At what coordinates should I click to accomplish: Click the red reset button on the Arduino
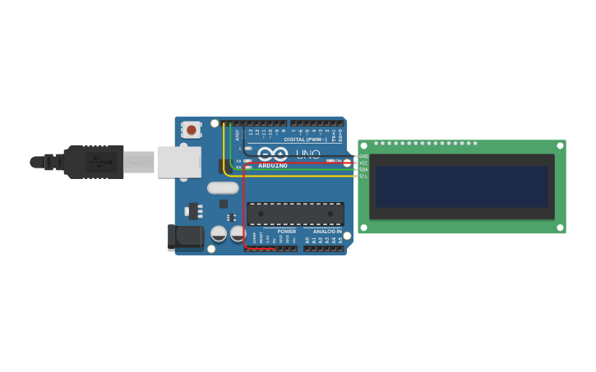[191, 129]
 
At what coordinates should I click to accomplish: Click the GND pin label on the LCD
[363, 156]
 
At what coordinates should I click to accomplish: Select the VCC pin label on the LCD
[363, 163]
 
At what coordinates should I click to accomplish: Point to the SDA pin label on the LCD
[363, 169]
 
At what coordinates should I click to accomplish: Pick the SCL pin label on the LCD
[363, 176]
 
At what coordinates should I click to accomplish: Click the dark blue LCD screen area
[461, 186]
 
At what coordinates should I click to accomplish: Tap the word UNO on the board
[307, 154]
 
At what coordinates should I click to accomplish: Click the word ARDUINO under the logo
[273, 166]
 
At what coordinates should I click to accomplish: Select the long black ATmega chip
[295, 214]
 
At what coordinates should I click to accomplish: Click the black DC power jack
[185, 237]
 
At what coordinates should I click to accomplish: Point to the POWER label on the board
[286, 232]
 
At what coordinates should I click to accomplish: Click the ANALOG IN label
[327, 232]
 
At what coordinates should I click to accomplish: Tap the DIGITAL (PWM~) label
[305, 139]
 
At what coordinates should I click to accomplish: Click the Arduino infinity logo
[272, 154]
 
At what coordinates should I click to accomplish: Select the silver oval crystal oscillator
[222, 187]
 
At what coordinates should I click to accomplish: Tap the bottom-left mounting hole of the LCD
[363, 227]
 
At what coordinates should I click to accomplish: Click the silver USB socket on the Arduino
[179, 162]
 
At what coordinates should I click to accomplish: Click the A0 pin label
[307, 240]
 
